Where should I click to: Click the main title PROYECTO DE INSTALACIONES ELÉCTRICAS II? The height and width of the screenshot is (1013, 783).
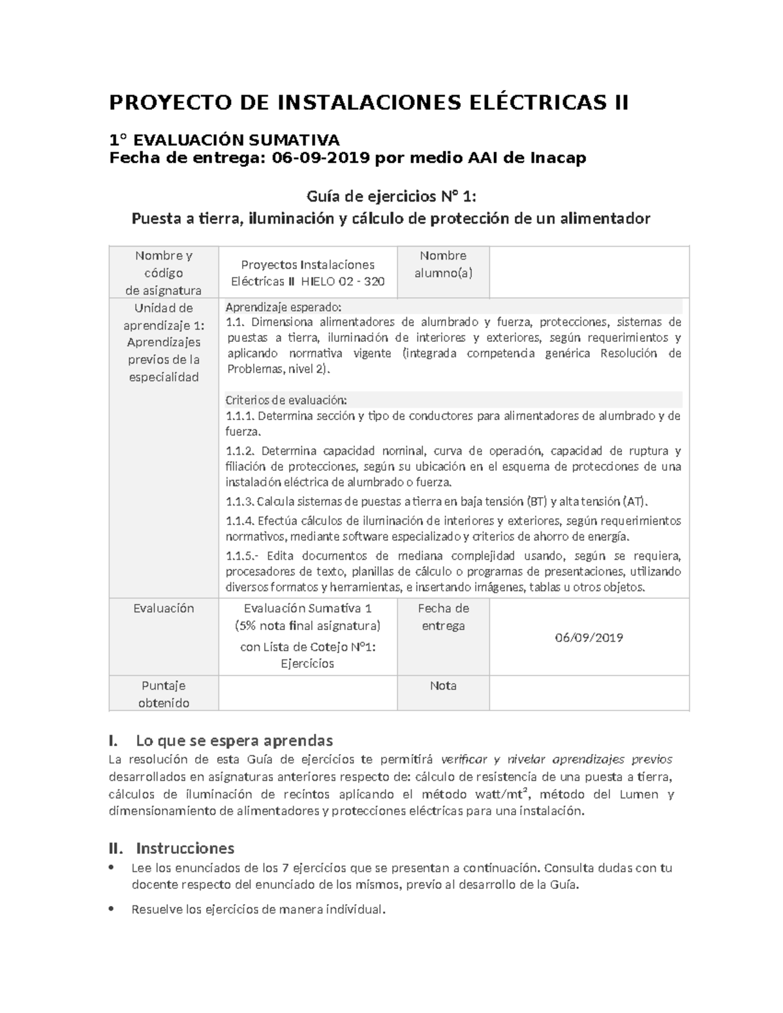coord(369,103)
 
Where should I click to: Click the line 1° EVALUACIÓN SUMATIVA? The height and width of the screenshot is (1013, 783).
coord(224,140)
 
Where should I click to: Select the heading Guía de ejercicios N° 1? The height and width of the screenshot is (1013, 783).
coord(391,196)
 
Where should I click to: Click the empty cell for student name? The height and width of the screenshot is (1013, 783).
coord(589,272)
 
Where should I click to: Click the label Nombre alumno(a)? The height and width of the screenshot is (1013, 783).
coord(443,264)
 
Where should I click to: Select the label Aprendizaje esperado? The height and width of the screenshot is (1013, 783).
coord(283,307)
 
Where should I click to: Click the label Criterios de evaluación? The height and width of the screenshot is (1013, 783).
coord(286,400)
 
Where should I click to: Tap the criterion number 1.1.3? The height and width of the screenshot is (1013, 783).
coord(239,502)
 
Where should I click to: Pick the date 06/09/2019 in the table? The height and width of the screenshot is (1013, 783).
coord(589,637)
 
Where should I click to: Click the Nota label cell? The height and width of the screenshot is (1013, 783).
coord(443,686)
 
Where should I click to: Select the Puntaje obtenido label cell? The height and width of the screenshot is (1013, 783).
coord(164,694)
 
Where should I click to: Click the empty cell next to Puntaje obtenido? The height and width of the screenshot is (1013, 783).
coord(307,693)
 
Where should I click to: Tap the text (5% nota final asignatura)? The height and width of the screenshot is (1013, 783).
coord(307,626)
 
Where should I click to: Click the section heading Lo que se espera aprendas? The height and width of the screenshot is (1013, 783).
coord(234,740)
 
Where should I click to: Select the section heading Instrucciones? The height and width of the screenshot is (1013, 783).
coord(185,848)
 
